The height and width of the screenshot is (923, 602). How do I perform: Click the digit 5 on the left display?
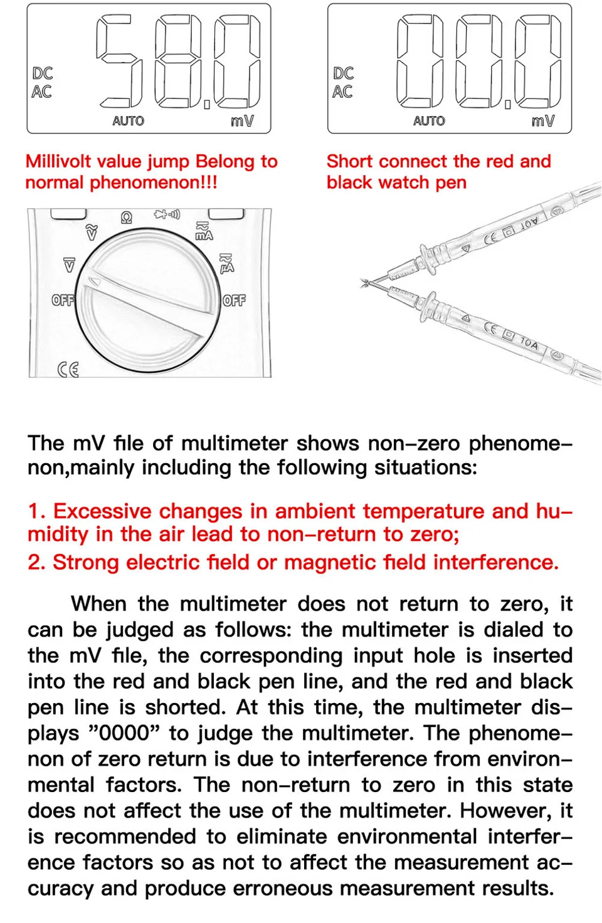120,61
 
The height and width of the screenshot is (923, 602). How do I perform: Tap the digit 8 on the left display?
178,61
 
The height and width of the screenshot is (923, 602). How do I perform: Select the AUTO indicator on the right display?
429,121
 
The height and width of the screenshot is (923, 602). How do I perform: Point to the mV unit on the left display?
243,121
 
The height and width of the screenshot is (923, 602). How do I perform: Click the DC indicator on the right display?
344,73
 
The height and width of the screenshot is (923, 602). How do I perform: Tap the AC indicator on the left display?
41,91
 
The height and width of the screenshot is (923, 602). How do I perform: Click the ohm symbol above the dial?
127,217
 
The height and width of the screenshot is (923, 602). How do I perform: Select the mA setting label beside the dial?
204,231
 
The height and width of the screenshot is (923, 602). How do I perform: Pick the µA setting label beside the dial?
226,263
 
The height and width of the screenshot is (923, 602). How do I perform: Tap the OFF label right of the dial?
234,300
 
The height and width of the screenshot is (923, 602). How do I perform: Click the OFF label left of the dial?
63,300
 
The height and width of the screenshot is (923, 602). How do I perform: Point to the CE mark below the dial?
68,370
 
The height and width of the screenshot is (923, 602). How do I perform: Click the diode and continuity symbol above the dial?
167,214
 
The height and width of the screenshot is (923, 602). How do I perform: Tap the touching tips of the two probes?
364,283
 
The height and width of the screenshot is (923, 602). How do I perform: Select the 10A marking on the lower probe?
529,343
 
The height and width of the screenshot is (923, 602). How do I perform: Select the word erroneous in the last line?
282,888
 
